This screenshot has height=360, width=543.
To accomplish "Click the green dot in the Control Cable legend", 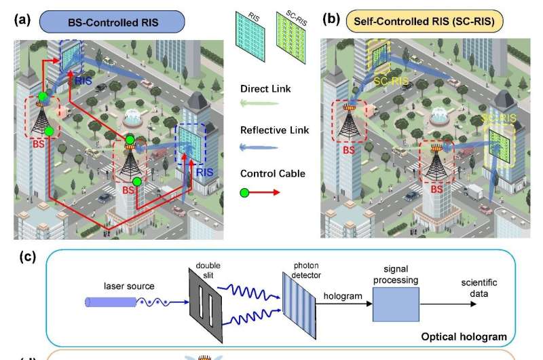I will [246, 192].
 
